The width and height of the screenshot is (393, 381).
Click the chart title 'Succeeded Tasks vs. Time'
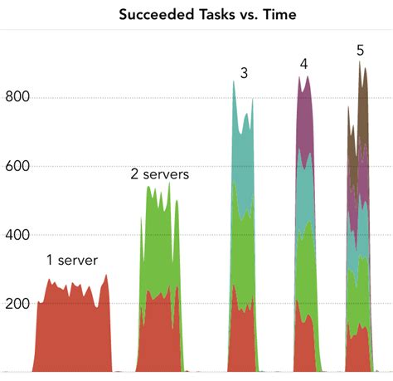click(207, 14)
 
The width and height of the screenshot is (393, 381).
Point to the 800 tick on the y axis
click(17, 96)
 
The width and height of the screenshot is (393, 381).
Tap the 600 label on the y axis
click(17, 165)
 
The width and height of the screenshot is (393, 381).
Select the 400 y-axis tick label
click(17, 234)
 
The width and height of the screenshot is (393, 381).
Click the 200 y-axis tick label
click(17, 303)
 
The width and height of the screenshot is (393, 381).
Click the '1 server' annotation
click(71, 261)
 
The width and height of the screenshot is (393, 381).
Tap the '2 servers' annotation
click(160, 174)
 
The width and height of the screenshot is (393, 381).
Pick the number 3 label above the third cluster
click(244, 73)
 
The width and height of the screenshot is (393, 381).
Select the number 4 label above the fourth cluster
click(304, 64)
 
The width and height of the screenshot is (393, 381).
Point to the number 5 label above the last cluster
click(360, 50)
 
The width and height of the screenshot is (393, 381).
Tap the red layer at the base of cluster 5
click(357, 349)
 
